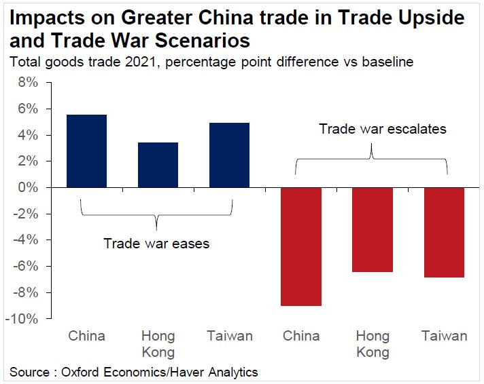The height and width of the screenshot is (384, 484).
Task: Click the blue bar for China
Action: tap(86, 151)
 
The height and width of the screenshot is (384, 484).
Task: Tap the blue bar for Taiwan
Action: tap(229, 155)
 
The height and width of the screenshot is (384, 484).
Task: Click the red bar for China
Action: tap(300, 246)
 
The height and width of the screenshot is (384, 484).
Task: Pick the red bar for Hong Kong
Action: tap(373, 229)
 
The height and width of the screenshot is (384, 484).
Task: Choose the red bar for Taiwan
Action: tap(444, 232)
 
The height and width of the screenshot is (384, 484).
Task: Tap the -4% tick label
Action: tap(28, 240)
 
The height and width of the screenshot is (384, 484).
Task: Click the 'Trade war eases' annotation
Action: tap(156, 243)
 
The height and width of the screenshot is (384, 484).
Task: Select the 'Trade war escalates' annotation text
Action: tap(383, 129)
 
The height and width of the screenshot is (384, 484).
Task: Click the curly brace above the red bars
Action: tap(372, 159)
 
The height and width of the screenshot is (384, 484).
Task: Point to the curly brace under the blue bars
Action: tap(157, 214)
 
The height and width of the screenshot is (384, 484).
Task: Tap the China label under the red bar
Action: tap(301, 336)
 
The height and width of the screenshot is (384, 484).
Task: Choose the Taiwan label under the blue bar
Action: tap(230, 336)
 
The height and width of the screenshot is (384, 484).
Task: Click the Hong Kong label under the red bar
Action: tap(373, 343)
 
